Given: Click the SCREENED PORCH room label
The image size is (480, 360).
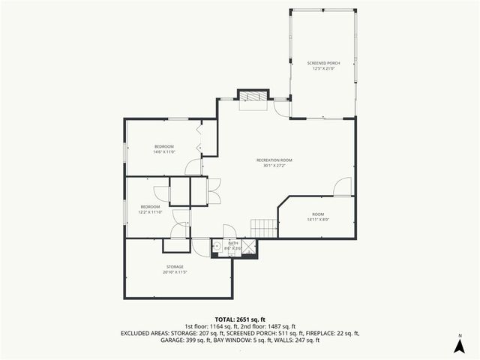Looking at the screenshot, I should (323, 63).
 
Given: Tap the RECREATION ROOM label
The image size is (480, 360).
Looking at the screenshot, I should (274, 160).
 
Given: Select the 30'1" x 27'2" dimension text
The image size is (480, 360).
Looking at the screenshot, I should (274, 166).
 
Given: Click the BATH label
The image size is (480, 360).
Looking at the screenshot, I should (233, 243).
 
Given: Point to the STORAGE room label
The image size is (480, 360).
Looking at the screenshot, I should (175, 266).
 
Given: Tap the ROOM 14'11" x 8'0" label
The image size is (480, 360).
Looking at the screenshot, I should (318, 217).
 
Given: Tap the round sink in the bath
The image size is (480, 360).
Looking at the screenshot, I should (217, 244).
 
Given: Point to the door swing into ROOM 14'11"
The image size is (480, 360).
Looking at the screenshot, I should (342, 187).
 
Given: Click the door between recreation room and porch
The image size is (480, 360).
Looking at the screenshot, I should (281, 108).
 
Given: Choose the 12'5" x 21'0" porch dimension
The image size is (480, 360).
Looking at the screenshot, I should (323, 69).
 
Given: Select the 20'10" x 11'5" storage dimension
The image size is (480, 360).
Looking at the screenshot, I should (175, 272).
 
